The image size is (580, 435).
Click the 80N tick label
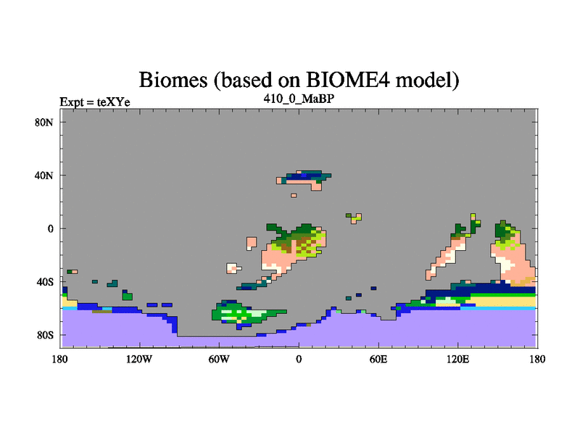tap(44, 123)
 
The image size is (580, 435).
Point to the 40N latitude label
tap(44, 175)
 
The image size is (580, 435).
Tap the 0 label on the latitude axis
tap(50, 228)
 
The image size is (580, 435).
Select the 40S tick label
tap(45, 282)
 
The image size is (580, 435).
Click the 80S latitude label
tap(45, 335)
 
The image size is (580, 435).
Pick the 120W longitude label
tap(139, 359)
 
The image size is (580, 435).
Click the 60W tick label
tap(219, 359)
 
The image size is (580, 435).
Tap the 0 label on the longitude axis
tap(299, 359)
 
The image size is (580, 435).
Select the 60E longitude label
tap(378, 359)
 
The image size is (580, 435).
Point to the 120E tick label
tap(458, 359)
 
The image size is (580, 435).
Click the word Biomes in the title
tap(173, 80)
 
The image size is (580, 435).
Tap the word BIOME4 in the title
tap(348, 80)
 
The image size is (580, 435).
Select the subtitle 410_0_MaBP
tap(299, 99)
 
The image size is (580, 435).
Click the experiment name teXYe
tap(114, 102)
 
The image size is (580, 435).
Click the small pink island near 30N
tap(294, 195)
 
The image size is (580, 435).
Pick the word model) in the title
tap(427, 80)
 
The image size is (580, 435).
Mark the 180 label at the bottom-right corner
tap(537, 359)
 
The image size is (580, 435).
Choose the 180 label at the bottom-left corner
tap(60, 359)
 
